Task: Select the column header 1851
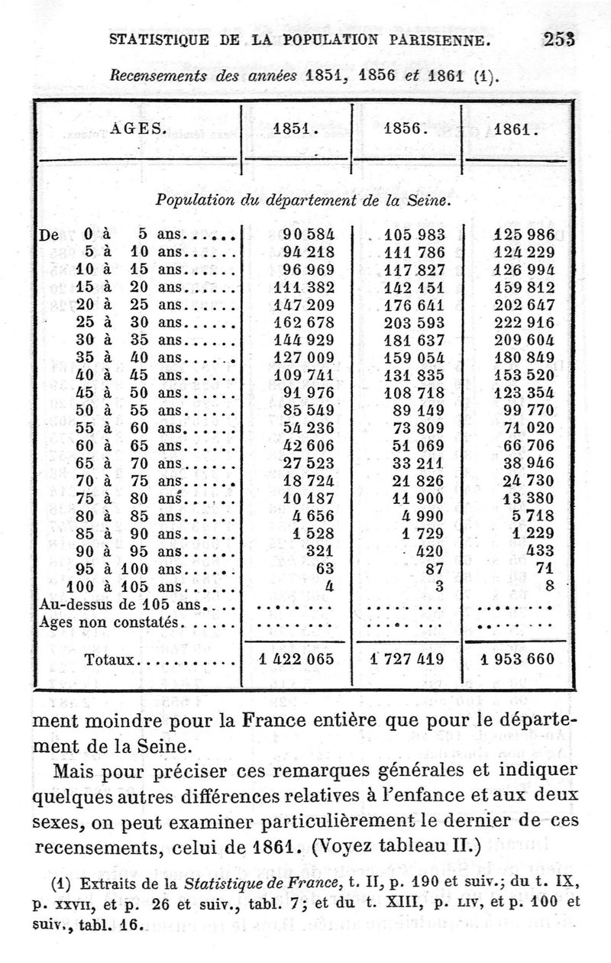[295, 129]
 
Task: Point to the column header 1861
[516, 129]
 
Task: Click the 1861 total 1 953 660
[518, 658]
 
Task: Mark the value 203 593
[415, 322]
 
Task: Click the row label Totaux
[109, 659]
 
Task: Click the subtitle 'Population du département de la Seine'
[303, 201]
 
